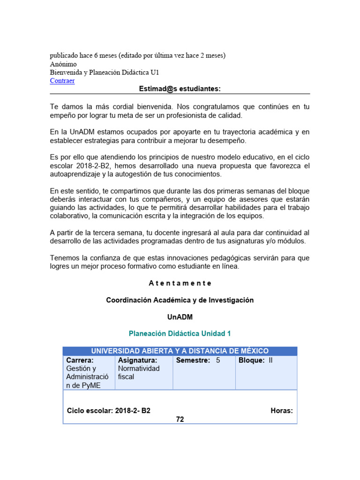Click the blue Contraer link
click(62, 81)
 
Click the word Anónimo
click(63, 64)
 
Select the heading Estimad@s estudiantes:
click(180, 89)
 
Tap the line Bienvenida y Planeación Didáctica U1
click(108, 72)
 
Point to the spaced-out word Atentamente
click(180, 283)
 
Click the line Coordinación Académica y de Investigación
click(180, 300)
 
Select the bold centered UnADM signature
click(180, 317)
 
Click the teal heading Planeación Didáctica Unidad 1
click(180, 334)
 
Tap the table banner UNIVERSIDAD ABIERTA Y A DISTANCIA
click(180, 351)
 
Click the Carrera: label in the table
click(80, 360)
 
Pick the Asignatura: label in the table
click(137, 360)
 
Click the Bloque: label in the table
click(252, 360)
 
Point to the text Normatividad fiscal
click(138, 373)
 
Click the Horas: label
click(281, 411)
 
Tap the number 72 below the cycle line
click(180, 420)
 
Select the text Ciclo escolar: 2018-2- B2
click(109, 411)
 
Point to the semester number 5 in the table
click(218, 360)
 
